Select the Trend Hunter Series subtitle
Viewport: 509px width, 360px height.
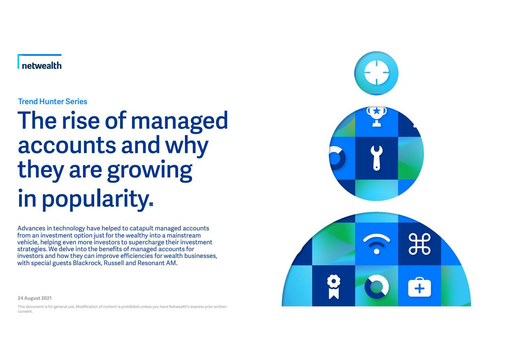tap(53, 101)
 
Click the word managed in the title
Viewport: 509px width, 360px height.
tap(179, 121)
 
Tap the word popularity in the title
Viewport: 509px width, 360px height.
tap(95, 199)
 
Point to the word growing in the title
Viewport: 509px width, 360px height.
tap(150, 170)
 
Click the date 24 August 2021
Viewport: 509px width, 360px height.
tap(35, 298)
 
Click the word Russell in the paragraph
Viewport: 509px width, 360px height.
tap(114, 263)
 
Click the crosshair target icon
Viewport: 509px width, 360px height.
tap(376, 73)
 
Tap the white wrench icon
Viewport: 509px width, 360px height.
tap(376, 158)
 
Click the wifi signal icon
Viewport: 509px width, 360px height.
tap(376, 244)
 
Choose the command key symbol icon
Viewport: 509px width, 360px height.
tap(419, 244)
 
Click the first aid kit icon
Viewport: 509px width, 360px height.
tap(419, 287)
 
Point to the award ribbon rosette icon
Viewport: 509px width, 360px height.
tap(334, 287)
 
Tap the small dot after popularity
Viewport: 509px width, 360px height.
tap(151, 204)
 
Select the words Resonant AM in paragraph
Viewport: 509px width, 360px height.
tap(157, 263)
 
